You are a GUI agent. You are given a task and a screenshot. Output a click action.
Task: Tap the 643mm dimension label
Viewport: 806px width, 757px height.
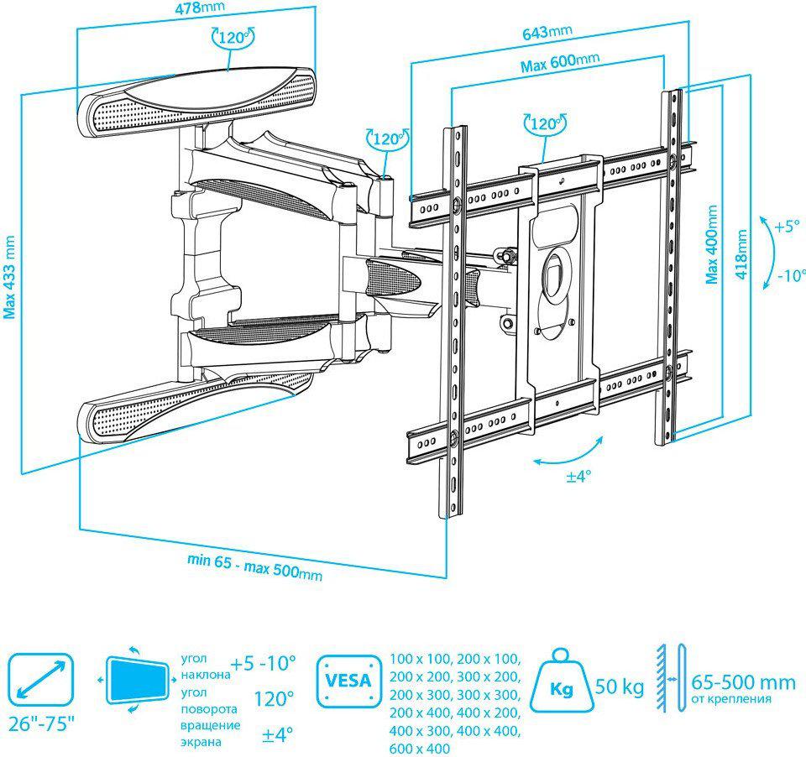(x=547, y=33)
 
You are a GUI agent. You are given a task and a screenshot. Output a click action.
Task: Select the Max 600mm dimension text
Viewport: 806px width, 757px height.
(x=560, y=62)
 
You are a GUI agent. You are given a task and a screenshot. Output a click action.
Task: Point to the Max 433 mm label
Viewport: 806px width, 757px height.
(x=10, y=278)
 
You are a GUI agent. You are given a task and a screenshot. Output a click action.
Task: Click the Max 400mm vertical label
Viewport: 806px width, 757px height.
(x=712, y=244)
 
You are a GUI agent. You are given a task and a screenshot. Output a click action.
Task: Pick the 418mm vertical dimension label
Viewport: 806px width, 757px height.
(x=741, y=254)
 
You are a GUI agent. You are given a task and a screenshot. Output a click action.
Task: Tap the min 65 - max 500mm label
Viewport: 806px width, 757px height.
(x=254, y=566)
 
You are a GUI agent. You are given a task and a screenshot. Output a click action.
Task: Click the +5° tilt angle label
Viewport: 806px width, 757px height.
(x=788, y=226)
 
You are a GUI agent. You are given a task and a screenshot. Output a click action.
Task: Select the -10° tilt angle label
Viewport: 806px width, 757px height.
(x=790, y=275)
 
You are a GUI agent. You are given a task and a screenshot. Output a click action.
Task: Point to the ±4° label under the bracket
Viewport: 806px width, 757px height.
(x=578, y=477)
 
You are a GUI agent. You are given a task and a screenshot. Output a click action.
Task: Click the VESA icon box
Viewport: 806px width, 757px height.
(x=349, y=681)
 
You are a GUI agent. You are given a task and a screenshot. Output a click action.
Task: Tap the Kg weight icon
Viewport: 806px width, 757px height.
(x=561, y=680)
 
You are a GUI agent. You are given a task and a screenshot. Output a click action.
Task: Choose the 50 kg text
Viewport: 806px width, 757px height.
(x=620, y=686)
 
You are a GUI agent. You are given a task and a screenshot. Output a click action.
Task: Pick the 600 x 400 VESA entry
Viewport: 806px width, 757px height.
(x=420, y=749)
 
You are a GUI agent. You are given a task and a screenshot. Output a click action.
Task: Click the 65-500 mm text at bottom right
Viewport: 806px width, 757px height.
(x=743, y=682)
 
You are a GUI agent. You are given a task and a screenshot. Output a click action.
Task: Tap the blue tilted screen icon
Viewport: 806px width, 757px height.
(x=137, y=680)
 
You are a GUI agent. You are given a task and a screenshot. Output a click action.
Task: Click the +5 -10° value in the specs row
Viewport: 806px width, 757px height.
(x=263, y=664)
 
